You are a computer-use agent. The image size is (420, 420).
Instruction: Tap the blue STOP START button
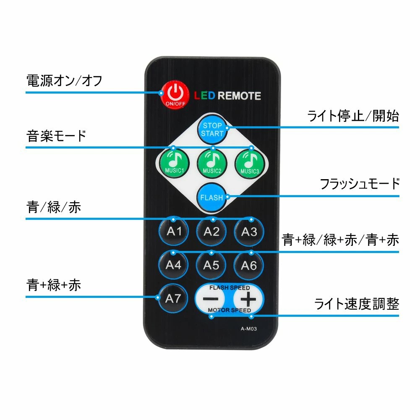pyautogui.click(x=212, y=129)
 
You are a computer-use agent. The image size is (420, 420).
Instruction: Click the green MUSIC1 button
pyautogui.click(x=175, y=163)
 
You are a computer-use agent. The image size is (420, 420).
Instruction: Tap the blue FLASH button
pyautogui.click(x=211, y=197)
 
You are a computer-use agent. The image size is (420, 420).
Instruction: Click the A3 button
pyautogui.click(x=249, y=232)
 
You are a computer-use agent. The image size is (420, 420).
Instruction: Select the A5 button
pyautogui.click(x=211, y=265)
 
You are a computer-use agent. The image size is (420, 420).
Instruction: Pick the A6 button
pyautogui.click(x=249, y=266)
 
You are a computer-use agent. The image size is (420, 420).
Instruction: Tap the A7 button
pyautogui.click(x=173, y=298)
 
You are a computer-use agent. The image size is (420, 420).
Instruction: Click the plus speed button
pyautogui.click(x=248, y=299)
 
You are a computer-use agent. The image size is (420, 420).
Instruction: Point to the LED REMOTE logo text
pyautogui.click(x=227, y=96)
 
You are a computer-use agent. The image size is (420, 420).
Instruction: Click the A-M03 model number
pyautogui.click(x=248, y=329)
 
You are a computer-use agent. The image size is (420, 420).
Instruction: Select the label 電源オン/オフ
pyautogui.click(x=64, y=81)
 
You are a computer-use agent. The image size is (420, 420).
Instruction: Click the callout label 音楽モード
pyautogui.click(x=56, y=136)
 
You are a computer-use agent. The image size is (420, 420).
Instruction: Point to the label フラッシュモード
pyautogui.click(x=360, y=184)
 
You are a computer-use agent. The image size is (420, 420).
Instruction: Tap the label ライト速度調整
pyautogui.click(x=357, y=304)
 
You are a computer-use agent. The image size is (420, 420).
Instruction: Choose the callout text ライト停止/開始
pyautogui.click(x=353, y=116)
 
